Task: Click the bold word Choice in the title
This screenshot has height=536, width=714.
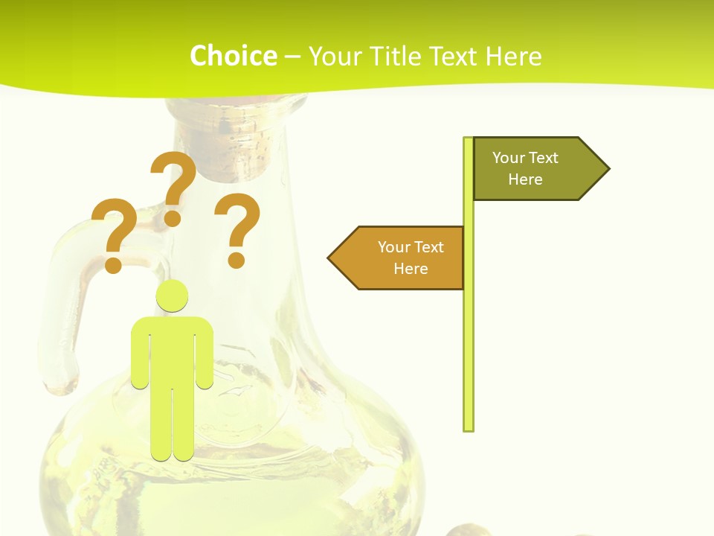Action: pos(233,57)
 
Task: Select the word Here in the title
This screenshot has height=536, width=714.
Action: pos(513,57)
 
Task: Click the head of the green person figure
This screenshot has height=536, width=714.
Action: pos(172,296)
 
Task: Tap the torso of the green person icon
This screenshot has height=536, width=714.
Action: pos(172,350)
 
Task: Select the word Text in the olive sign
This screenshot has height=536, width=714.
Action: pos(544,158)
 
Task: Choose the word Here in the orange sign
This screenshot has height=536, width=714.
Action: pos(411,269)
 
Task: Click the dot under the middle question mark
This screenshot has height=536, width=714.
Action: pos(173,218)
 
